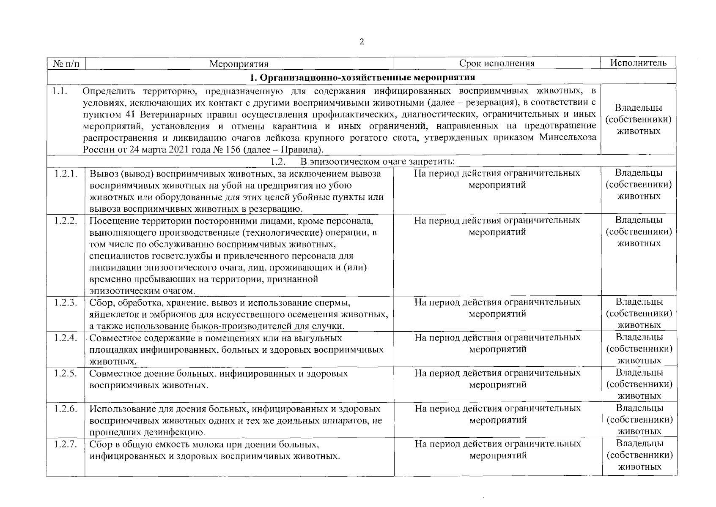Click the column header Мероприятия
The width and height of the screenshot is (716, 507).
239,64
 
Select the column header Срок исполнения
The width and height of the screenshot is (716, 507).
497,63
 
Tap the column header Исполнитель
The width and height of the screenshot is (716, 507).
638,63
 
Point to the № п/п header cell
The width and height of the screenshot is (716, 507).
66,64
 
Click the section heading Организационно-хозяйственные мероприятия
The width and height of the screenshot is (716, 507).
362,77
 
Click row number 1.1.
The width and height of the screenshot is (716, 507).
60,90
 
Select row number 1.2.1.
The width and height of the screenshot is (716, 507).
66,173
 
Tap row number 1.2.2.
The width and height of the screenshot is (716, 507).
66,220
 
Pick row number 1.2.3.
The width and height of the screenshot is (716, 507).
66,302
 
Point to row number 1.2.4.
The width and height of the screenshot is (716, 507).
66,338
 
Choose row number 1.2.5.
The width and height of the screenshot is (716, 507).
66,373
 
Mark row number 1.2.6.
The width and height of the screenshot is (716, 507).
66,409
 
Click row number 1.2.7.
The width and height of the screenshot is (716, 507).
66,444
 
